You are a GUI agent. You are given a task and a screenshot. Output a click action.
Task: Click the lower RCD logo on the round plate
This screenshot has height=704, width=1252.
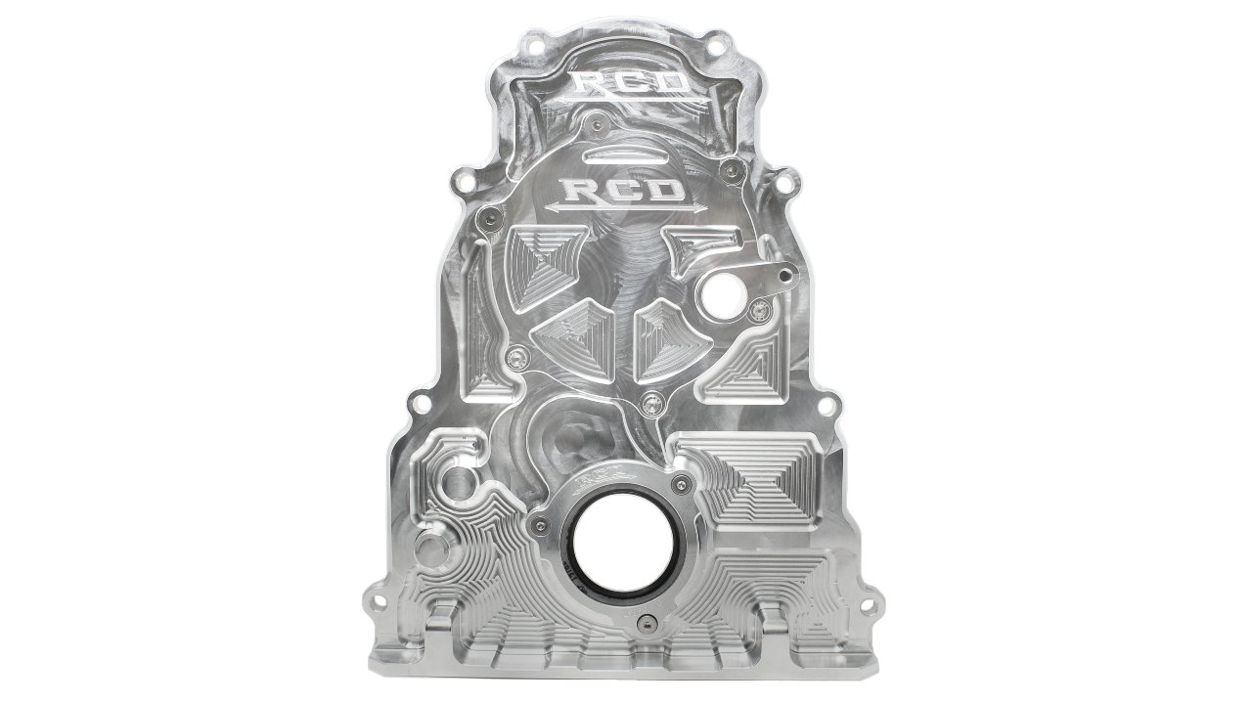point(624,188)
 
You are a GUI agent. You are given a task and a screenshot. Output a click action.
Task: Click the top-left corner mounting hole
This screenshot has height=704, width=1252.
point(534,44)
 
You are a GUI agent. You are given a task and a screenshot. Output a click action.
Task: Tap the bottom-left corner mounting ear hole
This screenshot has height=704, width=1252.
point(374,594)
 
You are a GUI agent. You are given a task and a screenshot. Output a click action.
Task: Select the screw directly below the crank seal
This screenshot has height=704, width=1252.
point(643,624)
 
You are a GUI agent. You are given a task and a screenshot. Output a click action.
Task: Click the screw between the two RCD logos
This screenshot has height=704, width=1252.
point(595,124)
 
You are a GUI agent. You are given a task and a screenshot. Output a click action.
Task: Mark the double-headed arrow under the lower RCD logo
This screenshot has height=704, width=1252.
point(624,208)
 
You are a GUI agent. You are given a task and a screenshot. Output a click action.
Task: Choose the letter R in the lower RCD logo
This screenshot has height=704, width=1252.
point(577,188)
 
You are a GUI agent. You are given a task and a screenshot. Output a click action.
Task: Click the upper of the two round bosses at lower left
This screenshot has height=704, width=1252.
point(455,480)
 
